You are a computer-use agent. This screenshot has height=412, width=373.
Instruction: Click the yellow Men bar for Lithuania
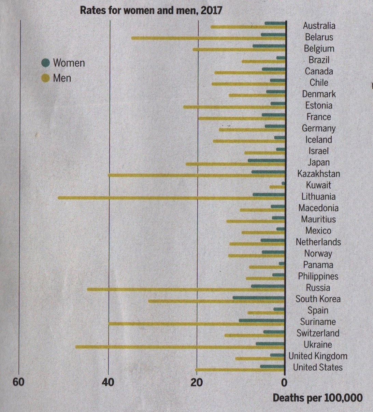tap(171, 198)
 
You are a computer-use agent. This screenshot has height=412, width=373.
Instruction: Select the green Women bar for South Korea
tap(259, 298)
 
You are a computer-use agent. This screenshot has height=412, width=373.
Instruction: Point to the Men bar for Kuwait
tap(277, 187)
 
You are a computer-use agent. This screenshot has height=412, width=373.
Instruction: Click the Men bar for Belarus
tap(208, 38)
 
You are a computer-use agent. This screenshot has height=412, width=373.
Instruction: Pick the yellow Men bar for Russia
tap(186, 289)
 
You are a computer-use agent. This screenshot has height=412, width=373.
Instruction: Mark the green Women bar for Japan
tap(266, 160)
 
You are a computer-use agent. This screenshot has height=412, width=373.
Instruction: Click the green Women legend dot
tap(45, 63)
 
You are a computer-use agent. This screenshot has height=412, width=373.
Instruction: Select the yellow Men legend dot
tap(45, 78)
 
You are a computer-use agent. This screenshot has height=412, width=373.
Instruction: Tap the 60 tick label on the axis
tap(19, 382)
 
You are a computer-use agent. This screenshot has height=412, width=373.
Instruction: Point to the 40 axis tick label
tap(108, 382)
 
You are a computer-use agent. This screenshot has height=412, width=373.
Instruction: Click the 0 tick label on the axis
tap(284, 382)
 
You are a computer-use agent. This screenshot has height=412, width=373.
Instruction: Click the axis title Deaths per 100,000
tap(317, 398)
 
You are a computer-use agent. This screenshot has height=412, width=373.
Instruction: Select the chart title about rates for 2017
tap(151, 10)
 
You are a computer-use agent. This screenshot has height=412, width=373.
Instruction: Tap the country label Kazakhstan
tap(318, 174)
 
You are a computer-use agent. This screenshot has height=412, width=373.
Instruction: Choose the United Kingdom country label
tap(318, 356)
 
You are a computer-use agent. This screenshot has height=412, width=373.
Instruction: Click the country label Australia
tap(319, 26)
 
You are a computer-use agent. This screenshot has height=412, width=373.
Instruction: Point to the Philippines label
tap(318, 276)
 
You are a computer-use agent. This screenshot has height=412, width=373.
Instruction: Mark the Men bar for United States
tap(240, 370)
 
